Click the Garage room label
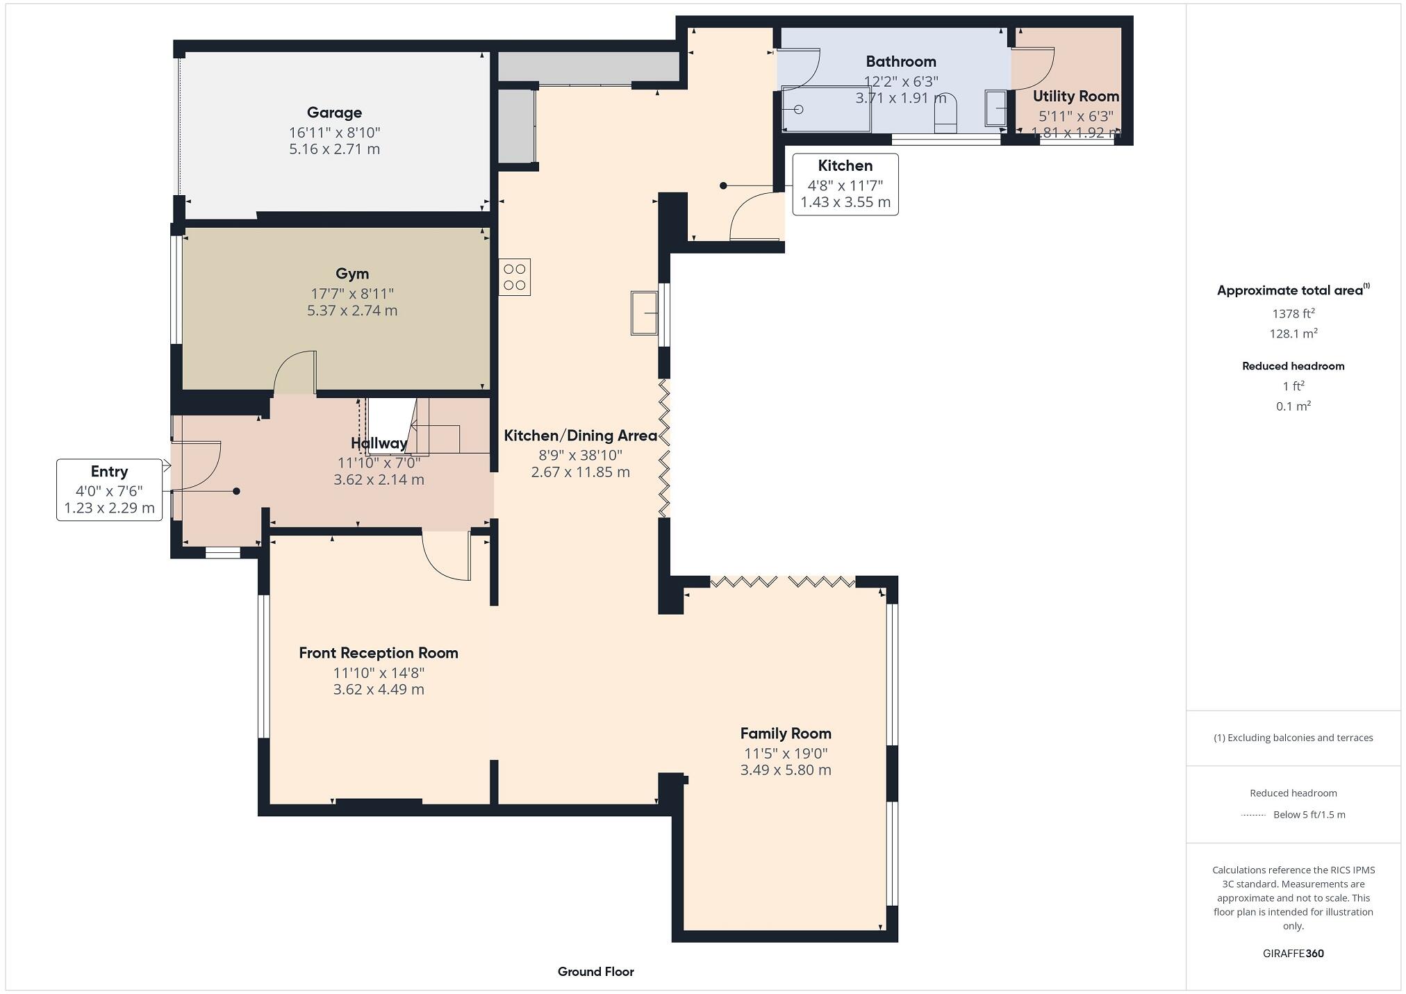pos(334,113)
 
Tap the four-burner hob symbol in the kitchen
pos(514,277)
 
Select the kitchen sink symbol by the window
pos(644,313)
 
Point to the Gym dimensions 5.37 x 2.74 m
pos(352,310)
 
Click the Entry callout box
pos(109,490)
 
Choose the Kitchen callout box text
pos(845,184)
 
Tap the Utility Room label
pos(1075,97)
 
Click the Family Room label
pos(785,734)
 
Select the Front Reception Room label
pos(379,653)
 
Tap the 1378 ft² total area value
pos(1293,313)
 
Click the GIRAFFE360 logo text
pos(1293,953)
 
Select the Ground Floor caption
pos(595,972)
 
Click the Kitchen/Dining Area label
pos(580,436)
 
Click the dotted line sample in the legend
pos(1253,815)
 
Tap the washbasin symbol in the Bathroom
pos(995,108)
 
